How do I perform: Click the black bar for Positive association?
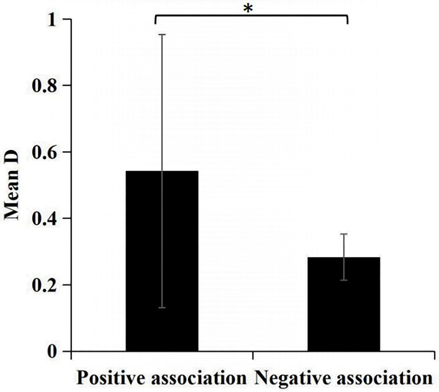[x=162, y=261]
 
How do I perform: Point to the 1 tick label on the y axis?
[x=53, y=20]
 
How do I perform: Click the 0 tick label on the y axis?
[x=53, y=352]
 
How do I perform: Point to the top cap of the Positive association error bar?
[x=162, y=34]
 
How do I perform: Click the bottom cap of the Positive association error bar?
[x=162, y=307]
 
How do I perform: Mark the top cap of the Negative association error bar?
[x=344, y=234]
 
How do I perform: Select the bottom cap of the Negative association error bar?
[x=344, y=280]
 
